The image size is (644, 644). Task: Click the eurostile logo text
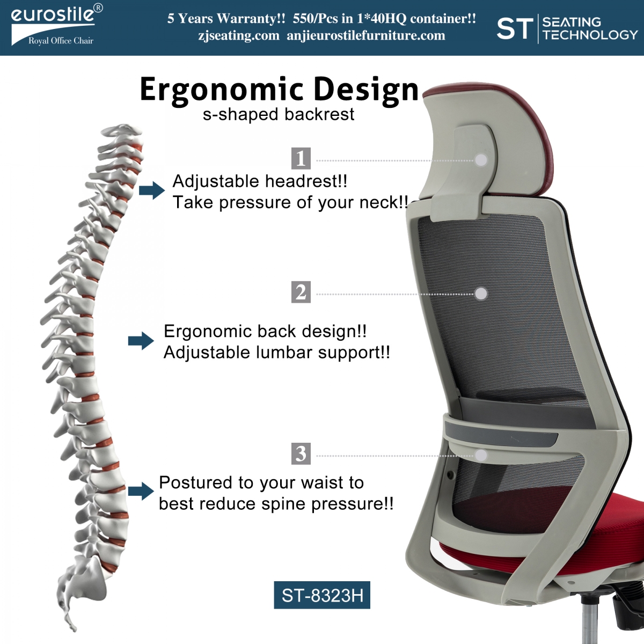pyautogui.click(x=53, y=15)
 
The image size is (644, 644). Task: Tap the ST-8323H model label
pyautogui.click(x=322, y=595)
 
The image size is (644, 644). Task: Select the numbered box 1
pyautogui.click(x=301, y=158)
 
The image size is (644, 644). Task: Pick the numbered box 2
pyautogui.click(x=301, y=292)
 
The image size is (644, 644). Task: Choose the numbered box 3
pyautogui.click(x=301, y=453)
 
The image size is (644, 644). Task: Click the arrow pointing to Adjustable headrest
pyautogui.click(x=152, y=191)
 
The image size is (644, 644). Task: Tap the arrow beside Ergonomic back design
pyautogui.click(x=141, y=341)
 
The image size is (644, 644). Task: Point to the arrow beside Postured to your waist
pyautogui.click(x=141, y=491)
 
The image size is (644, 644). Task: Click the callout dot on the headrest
pyautogui.click(x=481, y=160)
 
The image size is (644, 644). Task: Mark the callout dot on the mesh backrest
pyautogui.click(x=481, y=294)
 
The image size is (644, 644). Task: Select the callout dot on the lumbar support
pyautogui.click(x=481, y=455)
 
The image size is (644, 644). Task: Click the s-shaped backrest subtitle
pyautogui.click(x=279, y=114)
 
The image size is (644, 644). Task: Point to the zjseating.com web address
pyautogui.click(x=239, y=35)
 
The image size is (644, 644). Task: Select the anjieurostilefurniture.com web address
pyautogui.click(x=366, y=35)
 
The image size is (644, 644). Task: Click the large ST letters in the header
pyautogui.click(x=515, y=29)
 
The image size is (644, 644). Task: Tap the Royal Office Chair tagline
pyautogui.click(x=61, y=41)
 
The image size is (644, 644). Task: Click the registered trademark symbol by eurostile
pyautogui.click(x=98, y=8)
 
